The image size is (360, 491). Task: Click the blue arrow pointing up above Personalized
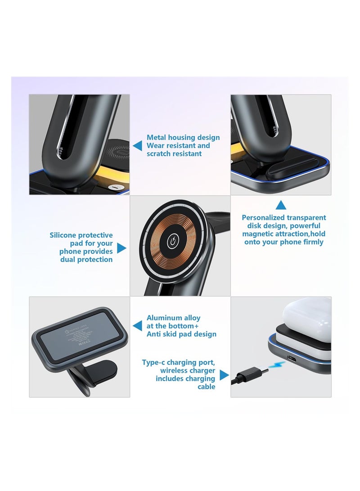(x=281, y=206)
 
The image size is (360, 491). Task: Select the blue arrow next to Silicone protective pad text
(x=121, y=248)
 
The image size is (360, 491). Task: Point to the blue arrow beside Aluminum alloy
(x=138, y=325)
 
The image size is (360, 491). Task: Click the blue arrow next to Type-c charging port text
(x=224, y=374)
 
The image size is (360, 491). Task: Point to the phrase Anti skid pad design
(x=181, y=334)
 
